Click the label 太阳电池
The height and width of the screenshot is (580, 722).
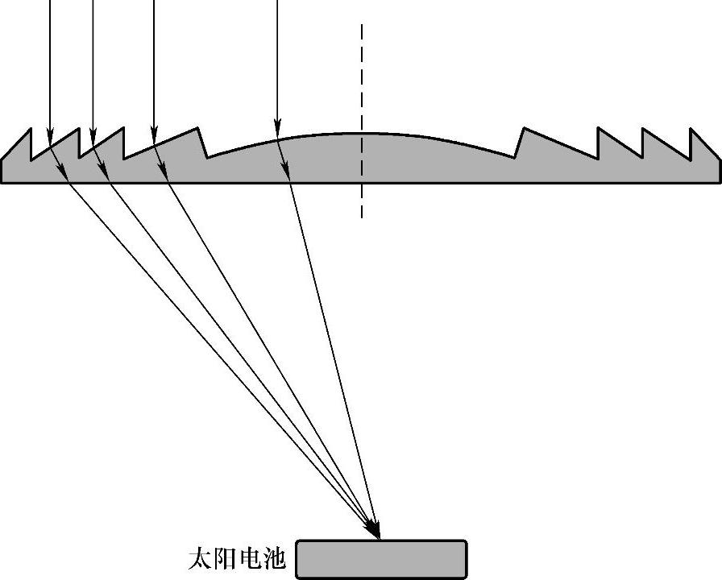(x=237, y=559)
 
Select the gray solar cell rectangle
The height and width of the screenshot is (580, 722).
(x=381, y=559)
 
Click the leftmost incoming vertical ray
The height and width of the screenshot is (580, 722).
(x=50, y=64)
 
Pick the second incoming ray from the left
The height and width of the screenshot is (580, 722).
(x=93, y=64)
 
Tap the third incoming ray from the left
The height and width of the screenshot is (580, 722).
(x=154, y=64)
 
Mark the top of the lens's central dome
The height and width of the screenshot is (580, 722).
(x=360, y=133)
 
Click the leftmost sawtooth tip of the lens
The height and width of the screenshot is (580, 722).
(x=31, y=128)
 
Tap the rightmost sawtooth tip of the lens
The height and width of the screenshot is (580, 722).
(x=691, y=128)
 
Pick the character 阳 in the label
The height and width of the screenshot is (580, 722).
(x=225, y=559)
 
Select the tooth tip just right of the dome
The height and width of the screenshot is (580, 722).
(x=524, y=127)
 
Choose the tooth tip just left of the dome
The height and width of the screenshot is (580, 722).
(x=198, y=127)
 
